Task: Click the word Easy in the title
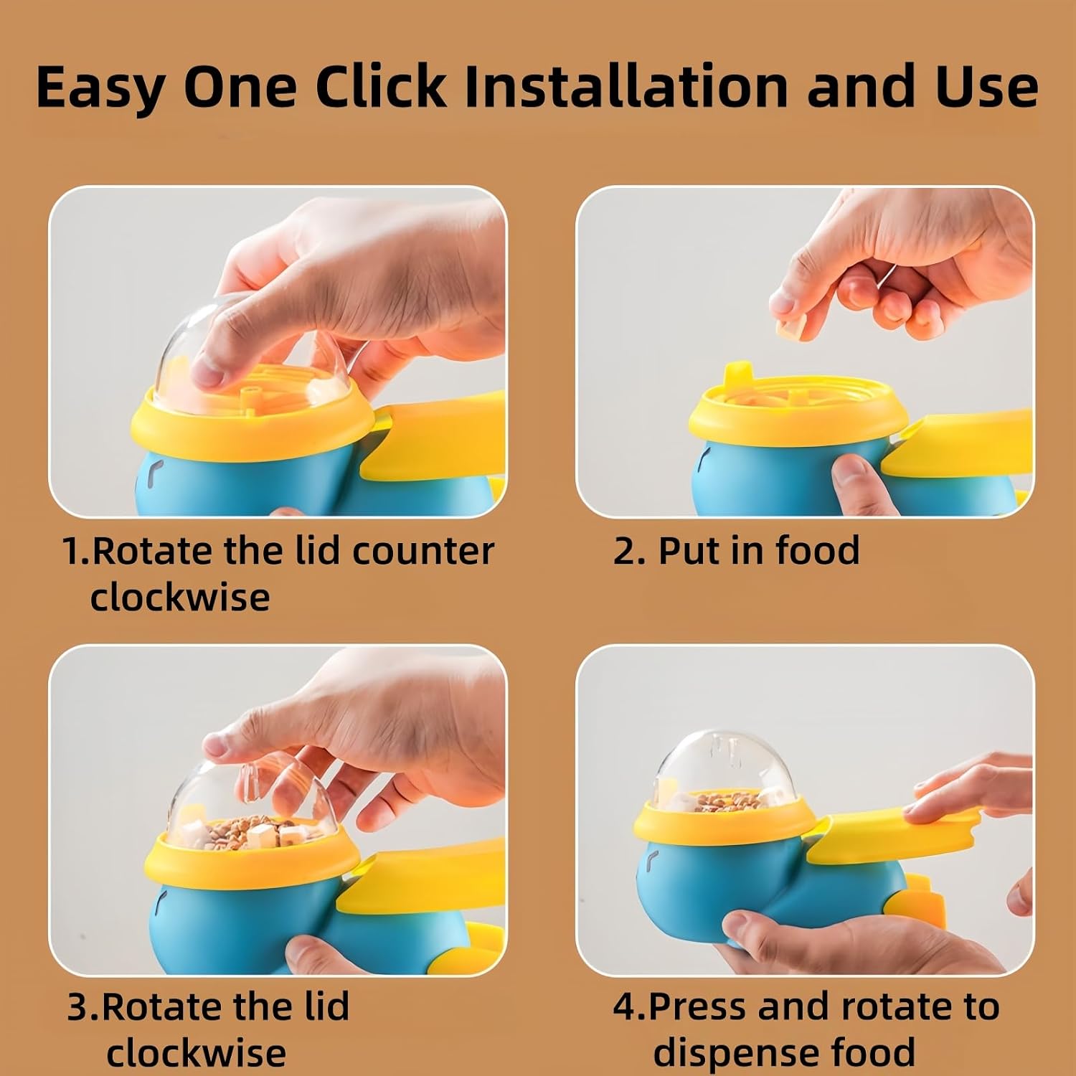tap(100, 88)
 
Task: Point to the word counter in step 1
tap(423, 552)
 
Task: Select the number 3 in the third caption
tap(77, 1007)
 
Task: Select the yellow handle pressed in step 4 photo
tap(894, 831)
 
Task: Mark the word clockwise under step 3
tap(196, 1052)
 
